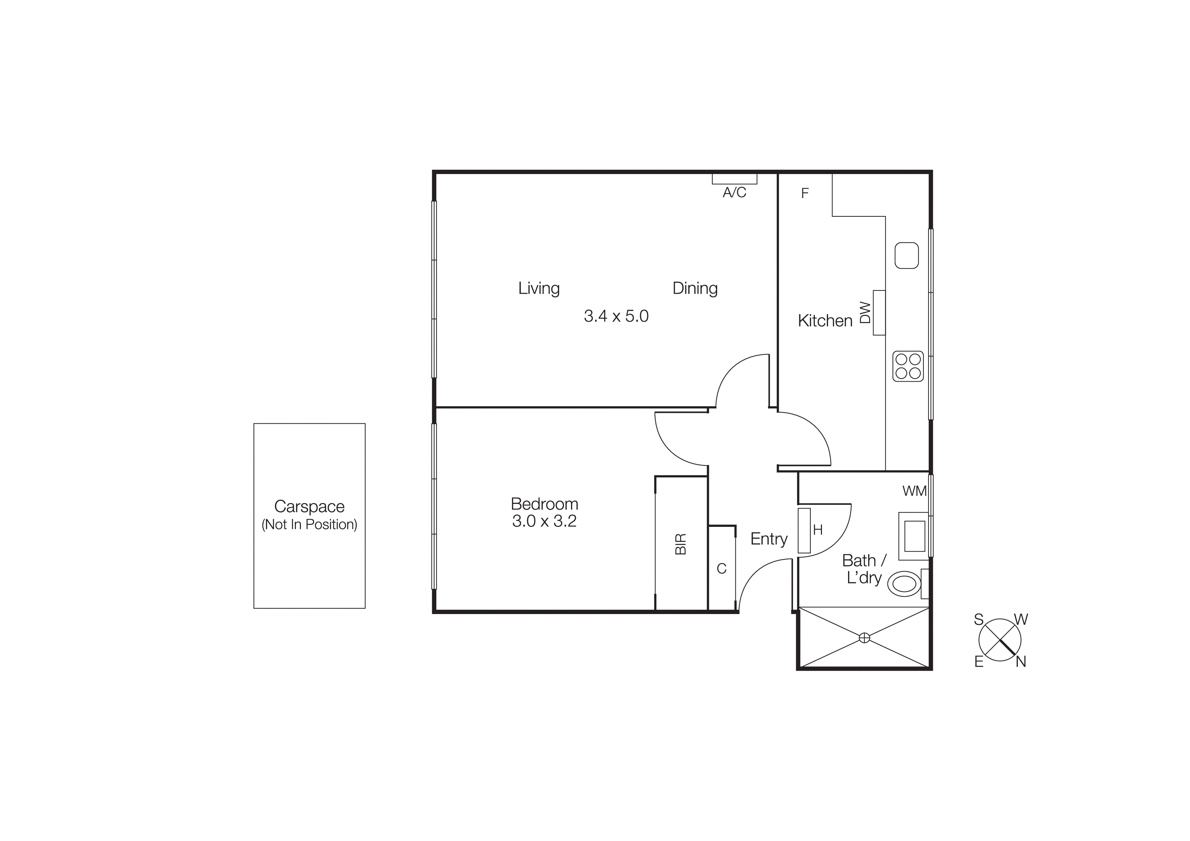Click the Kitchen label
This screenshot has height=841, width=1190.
click(825, 321)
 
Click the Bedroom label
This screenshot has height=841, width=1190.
click(544, 504)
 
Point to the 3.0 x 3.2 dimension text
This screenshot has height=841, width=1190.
click(544, 521)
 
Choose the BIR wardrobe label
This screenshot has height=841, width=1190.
click(680, 544)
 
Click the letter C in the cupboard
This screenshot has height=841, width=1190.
click(722, 569)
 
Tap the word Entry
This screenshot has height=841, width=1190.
click(769, 539)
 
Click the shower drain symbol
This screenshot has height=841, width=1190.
click(864, 638)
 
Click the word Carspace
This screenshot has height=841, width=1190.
click(309, 506)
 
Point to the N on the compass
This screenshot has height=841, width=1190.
click(1020, 662)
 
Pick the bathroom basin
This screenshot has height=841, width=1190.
click(914, 536)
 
